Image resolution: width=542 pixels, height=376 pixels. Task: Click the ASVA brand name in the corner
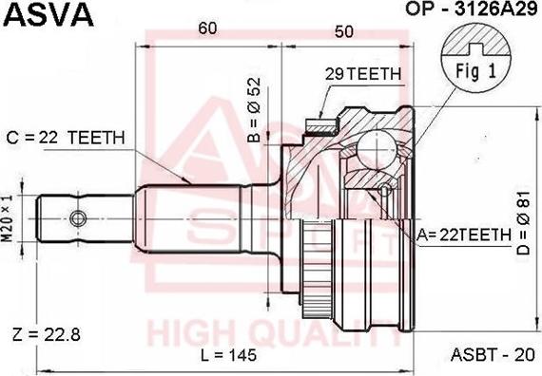click(48, 14)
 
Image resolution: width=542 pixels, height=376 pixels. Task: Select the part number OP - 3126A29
click(472, 9)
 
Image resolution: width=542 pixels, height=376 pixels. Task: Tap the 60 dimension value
click(207, 28)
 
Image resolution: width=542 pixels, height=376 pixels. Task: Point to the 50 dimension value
click(344, 31)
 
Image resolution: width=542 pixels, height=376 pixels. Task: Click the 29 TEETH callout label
click(362, 73)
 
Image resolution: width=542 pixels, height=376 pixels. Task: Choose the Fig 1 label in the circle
click(476, 71)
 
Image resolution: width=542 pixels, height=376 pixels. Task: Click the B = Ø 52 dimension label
click(254, 110)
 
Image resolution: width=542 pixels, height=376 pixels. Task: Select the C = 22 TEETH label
click(66, 138)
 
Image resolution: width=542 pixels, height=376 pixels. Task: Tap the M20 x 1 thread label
click(8, 218)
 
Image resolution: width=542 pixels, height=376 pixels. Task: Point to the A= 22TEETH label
click(463, 235)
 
